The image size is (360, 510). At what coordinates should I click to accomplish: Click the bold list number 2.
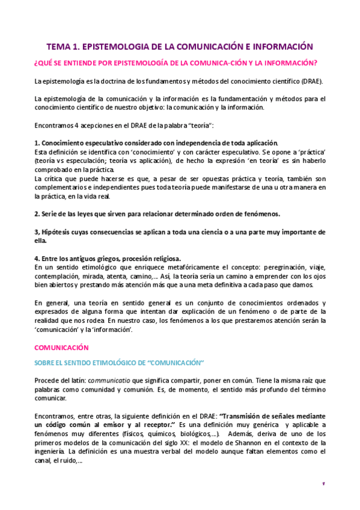[37, 214]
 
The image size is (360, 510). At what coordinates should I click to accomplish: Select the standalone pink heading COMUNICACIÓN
[61, 348]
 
